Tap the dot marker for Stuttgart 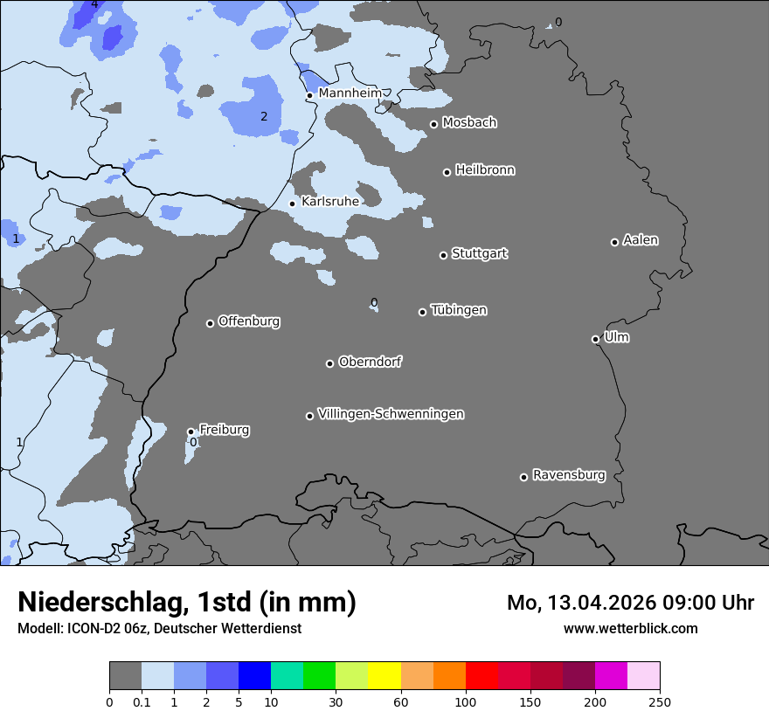point(443,255)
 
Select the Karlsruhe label point(329,202)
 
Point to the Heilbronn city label point(485,170)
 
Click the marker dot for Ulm point(595,339)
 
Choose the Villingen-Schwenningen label point(391,414)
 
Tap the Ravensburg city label point(568,475)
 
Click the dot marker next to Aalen point(614,242)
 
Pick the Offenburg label point(249,321)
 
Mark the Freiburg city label point(224,430)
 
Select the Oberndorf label point(370,362)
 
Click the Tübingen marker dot point(422,312)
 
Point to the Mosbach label point(469,123)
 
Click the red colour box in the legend point(481,676)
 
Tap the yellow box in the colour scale point(384,676)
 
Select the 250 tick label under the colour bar point(659,701)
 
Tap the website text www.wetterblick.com point(630,628)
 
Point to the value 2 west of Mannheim point(263,116)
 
